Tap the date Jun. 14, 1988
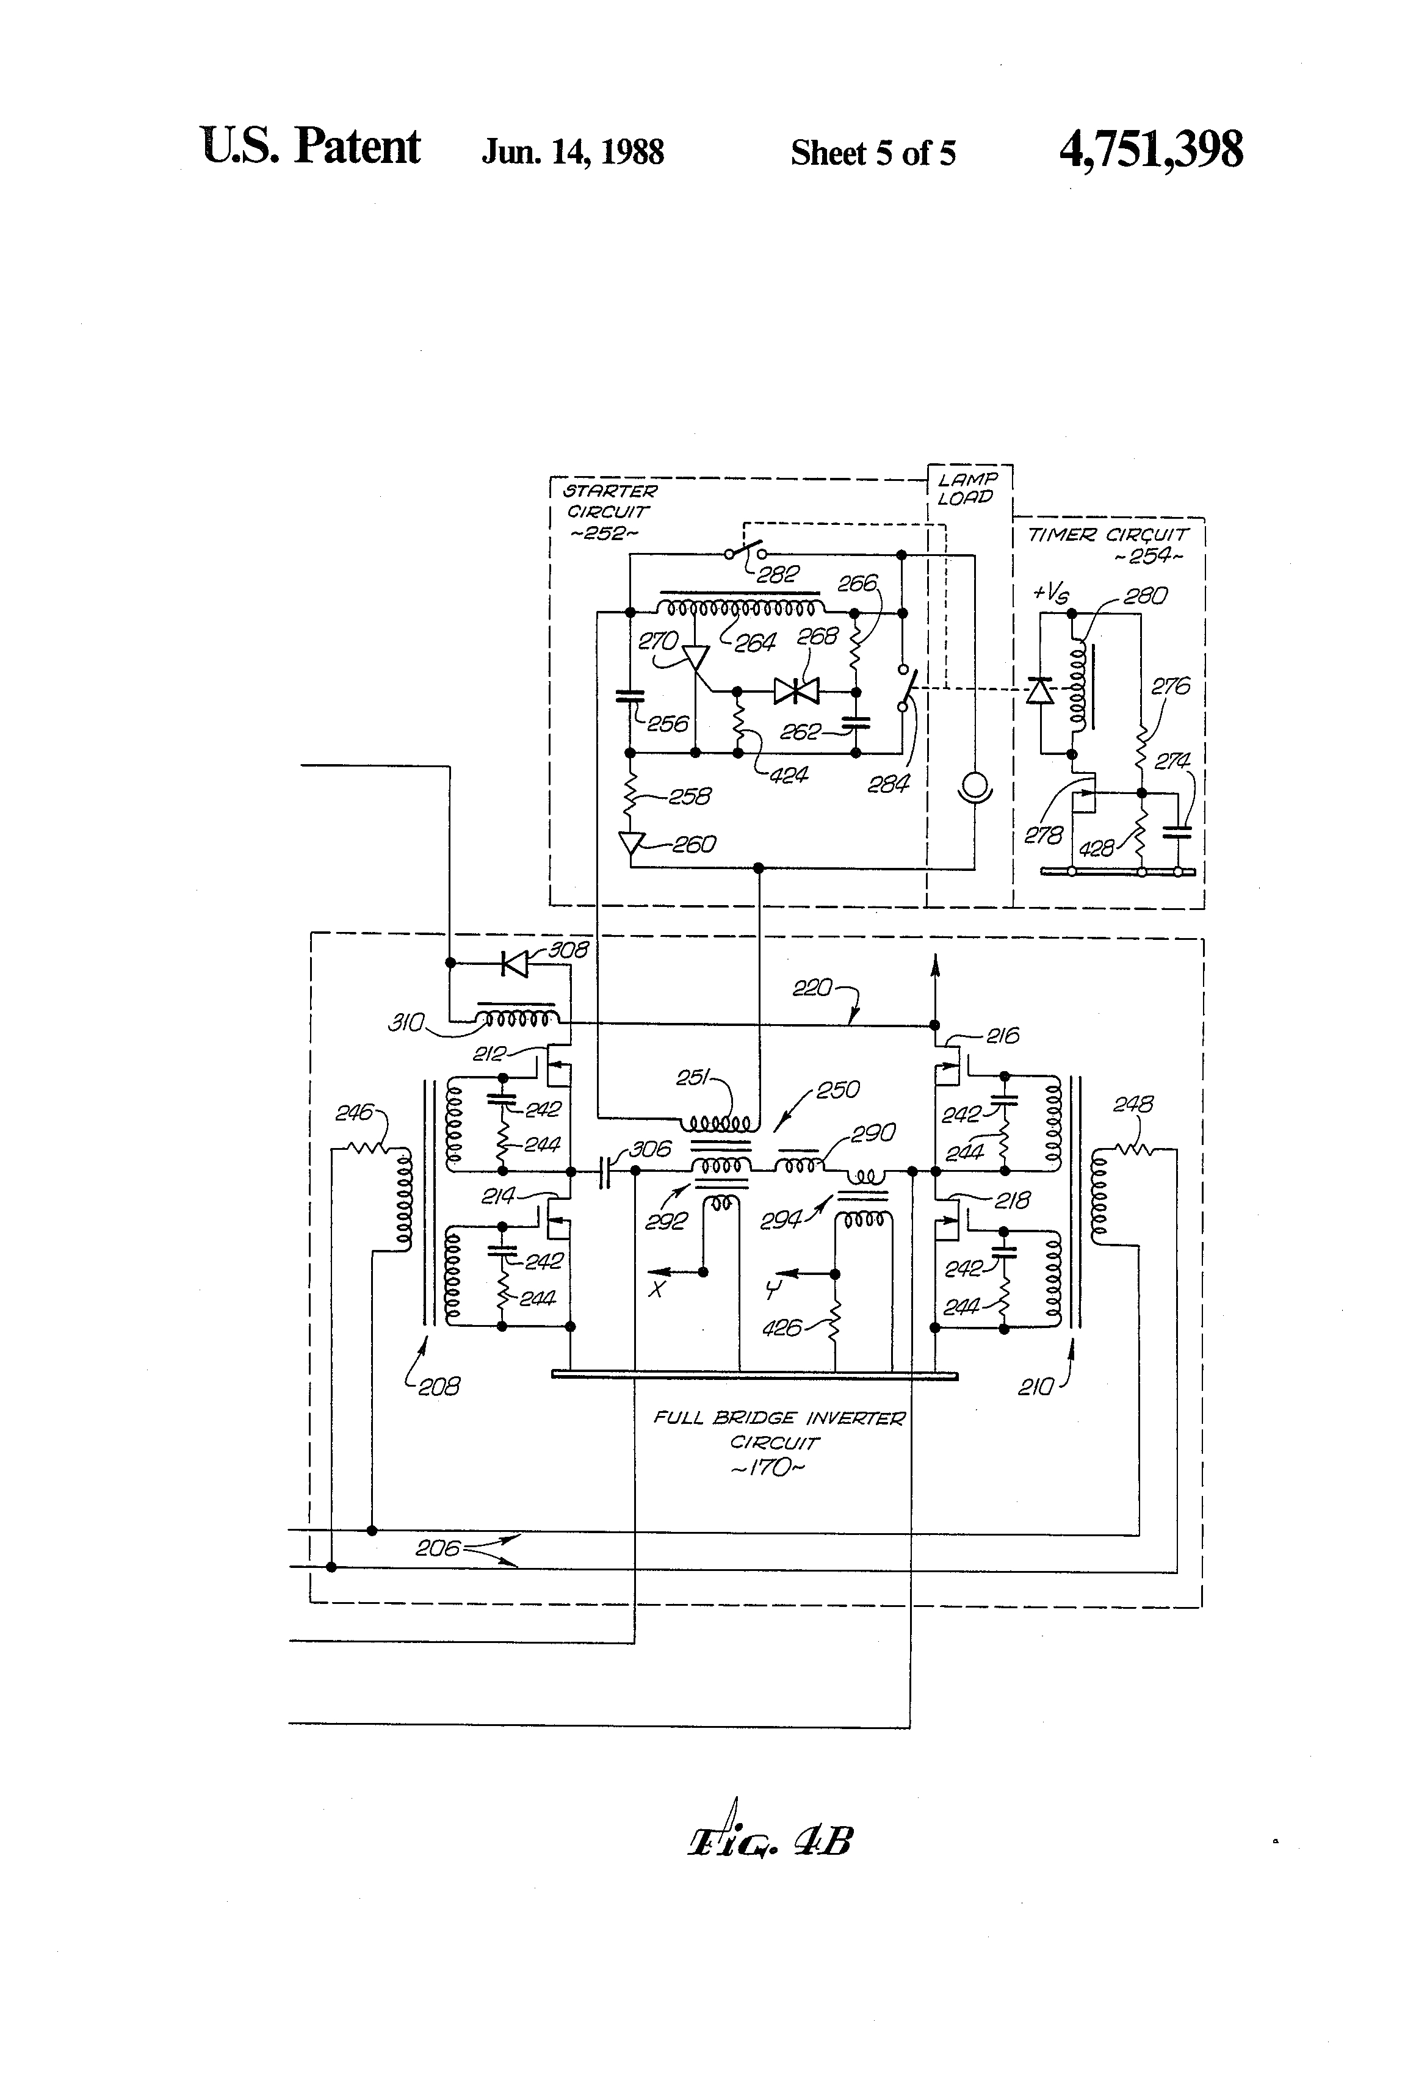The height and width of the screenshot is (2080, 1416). (573, 152)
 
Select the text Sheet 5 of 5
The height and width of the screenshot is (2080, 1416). (873, 153)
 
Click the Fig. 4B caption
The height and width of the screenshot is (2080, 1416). (770, 1842)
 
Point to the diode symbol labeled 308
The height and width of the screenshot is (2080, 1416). (515, 964)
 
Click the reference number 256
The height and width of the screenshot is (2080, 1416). (668, 723)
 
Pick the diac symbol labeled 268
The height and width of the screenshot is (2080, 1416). (796, 691)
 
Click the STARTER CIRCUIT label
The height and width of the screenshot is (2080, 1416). (608, 511)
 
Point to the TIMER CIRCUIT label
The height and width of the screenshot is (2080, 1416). (1108, 535)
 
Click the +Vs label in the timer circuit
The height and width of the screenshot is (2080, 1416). (1050, 593)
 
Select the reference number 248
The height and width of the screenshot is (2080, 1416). (1132, 1105)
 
